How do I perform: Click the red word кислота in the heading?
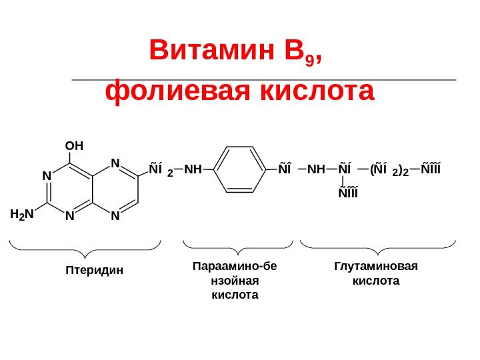[x=320, y=92]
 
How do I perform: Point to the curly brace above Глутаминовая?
[x=378, y=248]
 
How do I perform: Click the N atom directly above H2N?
[x=47, y=175]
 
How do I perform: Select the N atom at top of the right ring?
[x=114, y=163]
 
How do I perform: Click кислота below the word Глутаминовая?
[x=375, y=281]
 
